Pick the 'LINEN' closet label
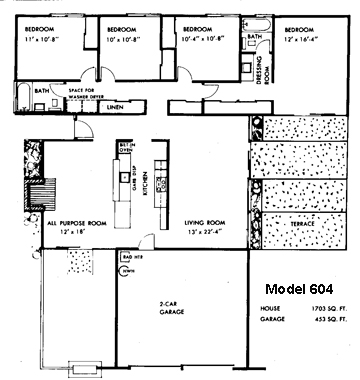[x=114, y=104]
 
